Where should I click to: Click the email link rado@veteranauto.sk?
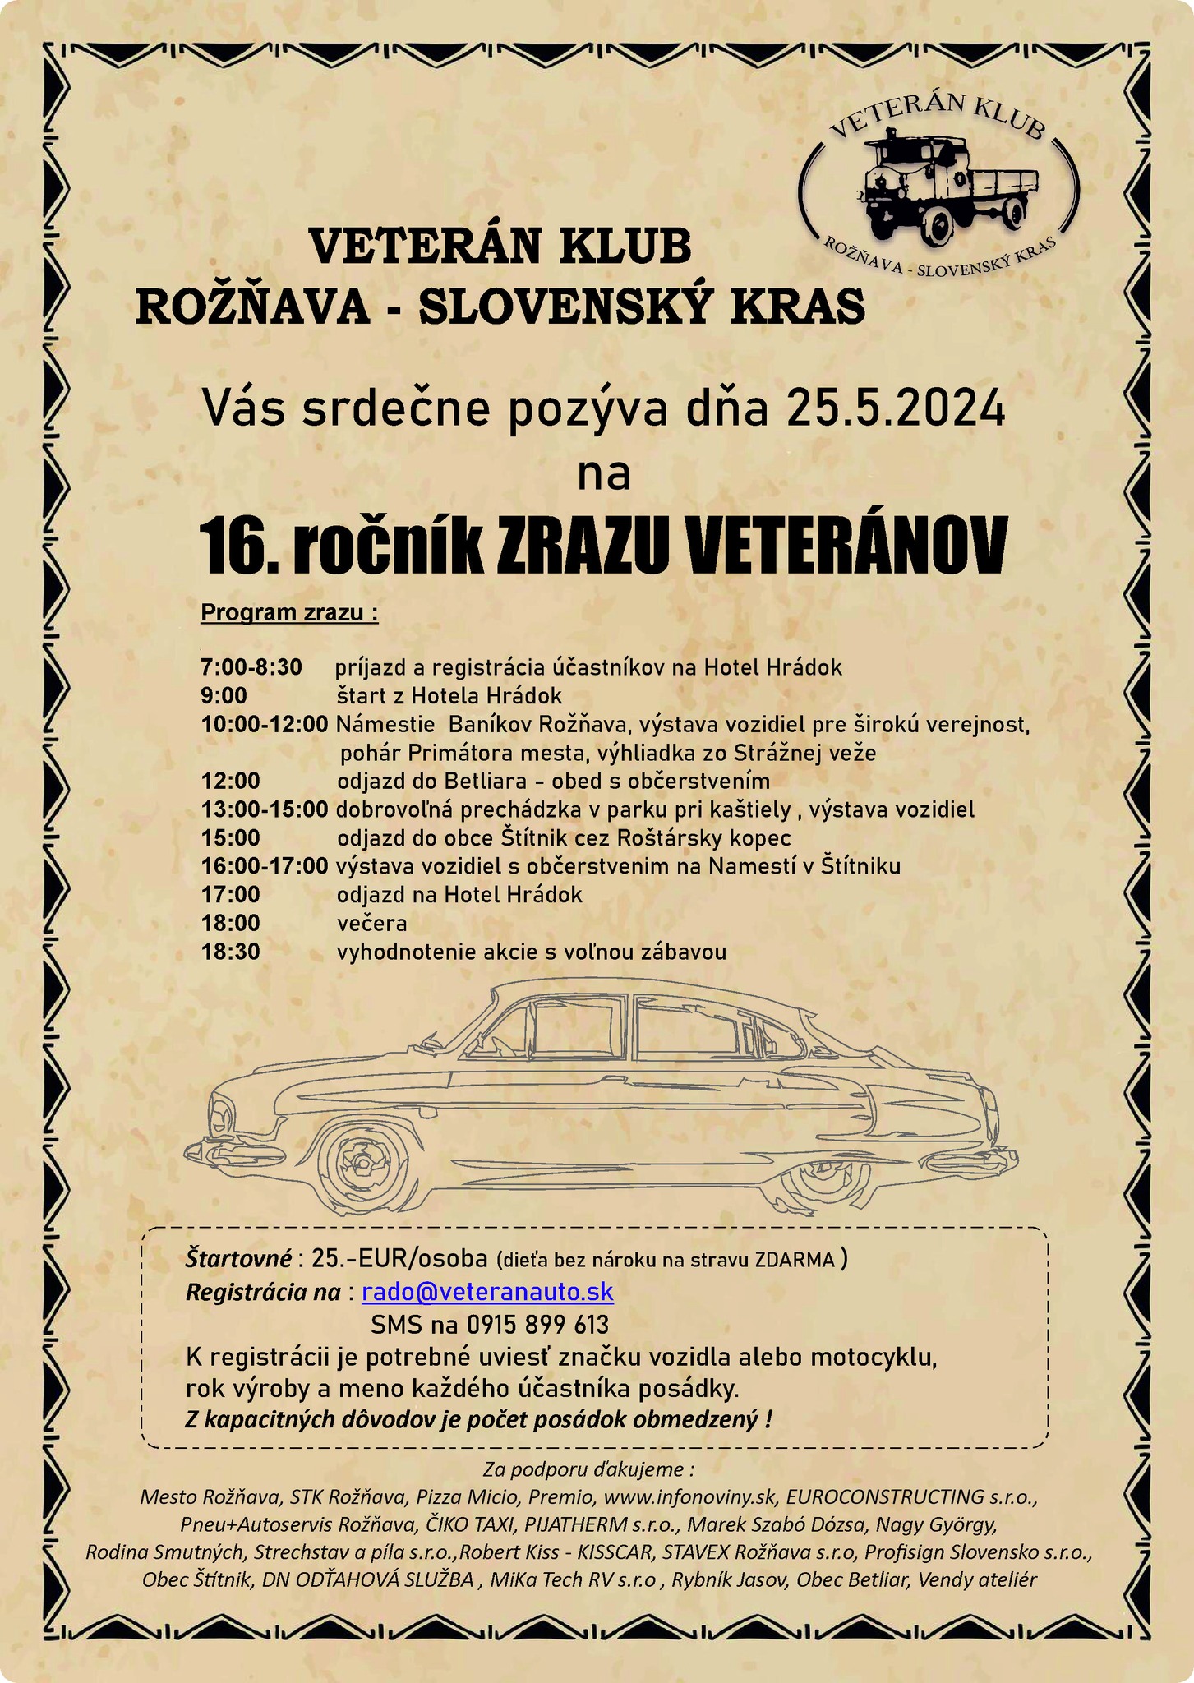tap(487, 1292)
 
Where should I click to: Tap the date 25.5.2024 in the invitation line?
tap(896, 408)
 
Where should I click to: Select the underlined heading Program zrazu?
tap(288, 613)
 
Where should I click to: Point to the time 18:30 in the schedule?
tap(231, 952)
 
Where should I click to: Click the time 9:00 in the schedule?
tap(224, 696)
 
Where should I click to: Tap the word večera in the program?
tap(371, 923)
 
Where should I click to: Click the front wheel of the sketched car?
tap(362, 1167)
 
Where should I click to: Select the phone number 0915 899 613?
tap(537, 1325)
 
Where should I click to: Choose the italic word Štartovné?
tap(238, 1258)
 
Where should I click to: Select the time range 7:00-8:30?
tap(251, 666)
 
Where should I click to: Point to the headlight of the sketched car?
tap(220, 1117)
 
